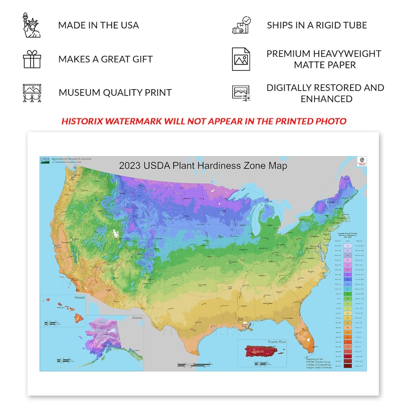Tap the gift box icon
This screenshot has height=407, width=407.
(x=32, y=59)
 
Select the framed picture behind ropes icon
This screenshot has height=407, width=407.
(x=32, y=93)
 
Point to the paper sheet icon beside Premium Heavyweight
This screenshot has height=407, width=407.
(x=241, y=59)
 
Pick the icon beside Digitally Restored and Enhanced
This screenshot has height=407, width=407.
(x=241, y=93)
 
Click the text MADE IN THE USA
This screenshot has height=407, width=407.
(x=98, y=25)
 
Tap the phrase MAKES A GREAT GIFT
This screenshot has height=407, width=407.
(x=106, y=59)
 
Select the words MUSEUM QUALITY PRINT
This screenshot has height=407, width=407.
(x=115, y=93)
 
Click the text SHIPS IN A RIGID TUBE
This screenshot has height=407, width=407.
(x=317, y=25)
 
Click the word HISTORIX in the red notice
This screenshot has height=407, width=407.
(x=84, y=121)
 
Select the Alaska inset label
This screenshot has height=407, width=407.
(x=137, y=318)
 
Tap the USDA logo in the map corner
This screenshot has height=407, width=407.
(x=45, y=159)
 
